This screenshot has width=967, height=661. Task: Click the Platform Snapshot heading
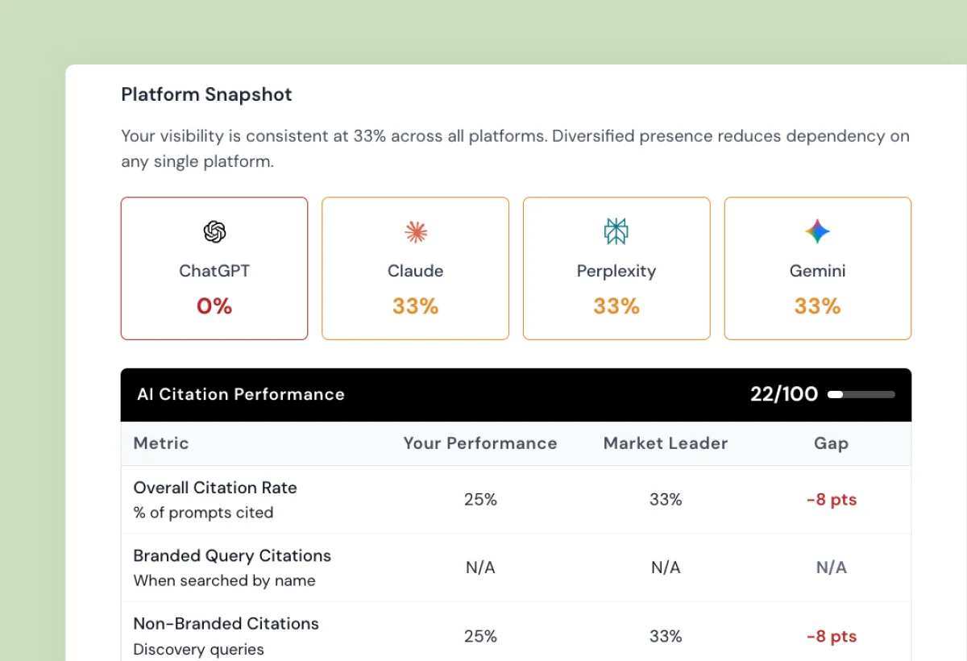click(x=206, y=94)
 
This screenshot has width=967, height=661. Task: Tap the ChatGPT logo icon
click(x=214, y=232)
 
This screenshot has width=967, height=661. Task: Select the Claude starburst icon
click(x=416, y=232)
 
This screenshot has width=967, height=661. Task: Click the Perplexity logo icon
click(x=616, y=232)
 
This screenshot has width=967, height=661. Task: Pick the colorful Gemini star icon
click(x=817, y=232)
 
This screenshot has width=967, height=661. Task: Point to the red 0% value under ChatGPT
click(x=214, y=306)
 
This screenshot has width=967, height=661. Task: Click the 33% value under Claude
click(x=416, y=306)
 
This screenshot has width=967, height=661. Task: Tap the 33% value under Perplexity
click(x=616, y=306)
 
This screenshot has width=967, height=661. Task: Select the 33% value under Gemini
click(x=817, y=306)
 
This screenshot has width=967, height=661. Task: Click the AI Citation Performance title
click(x=241, y=394)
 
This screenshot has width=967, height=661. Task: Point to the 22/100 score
click(x=784, y=394)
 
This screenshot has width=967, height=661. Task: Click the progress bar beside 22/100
click(x=861, y=394)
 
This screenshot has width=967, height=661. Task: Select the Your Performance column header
click(x=480, y=443)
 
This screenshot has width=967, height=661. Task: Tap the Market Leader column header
click(x=666, y=443)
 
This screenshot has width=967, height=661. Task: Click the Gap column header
click(x=831, y=443)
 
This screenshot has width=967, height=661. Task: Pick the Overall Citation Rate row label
click(x=215, y=488)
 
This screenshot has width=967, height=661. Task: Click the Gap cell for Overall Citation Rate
click(x=831, y=500)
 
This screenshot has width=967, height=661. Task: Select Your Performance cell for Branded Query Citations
click(x=480, y=567)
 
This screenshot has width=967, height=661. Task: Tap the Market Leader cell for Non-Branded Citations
click(x=666, y=636)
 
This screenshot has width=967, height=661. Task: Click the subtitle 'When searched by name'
click(x=224, y=580)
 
